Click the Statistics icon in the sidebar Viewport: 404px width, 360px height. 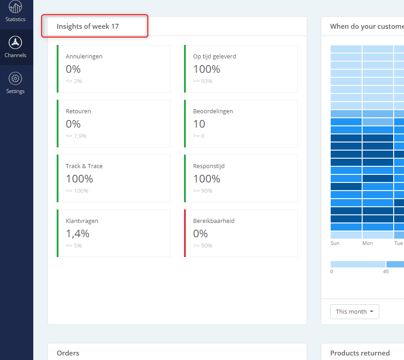pyautogui.click(x=15, y=6)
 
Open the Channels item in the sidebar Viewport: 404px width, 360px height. pyautogui.click(x=15, y=47)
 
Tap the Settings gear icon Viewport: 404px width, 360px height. pyautogui.click(x=15, y=78)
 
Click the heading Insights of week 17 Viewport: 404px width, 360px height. pyautogui.click(x=88, y=26)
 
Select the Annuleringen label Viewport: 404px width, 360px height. pyautogui.click(x=84, y=56)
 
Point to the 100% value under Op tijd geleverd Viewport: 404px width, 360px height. pyautogui.click(x=206, y=69)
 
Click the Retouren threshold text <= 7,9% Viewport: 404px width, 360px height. pyautogui.click(x=76, y=136)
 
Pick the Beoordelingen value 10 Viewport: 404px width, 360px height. pyautogui.click(x=199, y=124)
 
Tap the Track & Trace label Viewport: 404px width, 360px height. pyautogui.click(x=84, y=166)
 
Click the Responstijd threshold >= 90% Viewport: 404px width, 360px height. pyautogui.click(x=203, y=191)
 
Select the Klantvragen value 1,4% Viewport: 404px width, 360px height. pyautogui.click(x=77, y=234)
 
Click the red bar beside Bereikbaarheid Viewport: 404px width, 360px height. pyautogui.click(x=185, y=233)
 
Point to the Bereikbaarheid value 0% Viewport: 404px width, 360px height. pyautogui.click(x=201, y=234)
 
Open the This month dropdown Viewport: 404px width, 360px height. pyautogui.click(x=355, y=311)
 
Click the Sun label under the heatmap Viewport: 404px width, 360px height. pyautogui.click(x=335, y=243)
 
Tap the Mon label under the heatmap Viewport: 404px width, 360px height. pyautogui.click(x=368, y=243)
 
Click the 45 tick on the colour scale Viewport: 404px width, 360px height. pyautogui.click(x=386, y=271)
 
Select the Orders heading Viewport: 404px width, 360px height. pyautogui.click(x=68, y=353)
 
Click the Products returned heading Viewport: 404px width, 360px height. pyautogui.click(x=359, y=353)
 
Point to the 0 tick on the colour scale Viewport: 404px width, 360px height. pyautogui.click(x=332, y=271)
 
